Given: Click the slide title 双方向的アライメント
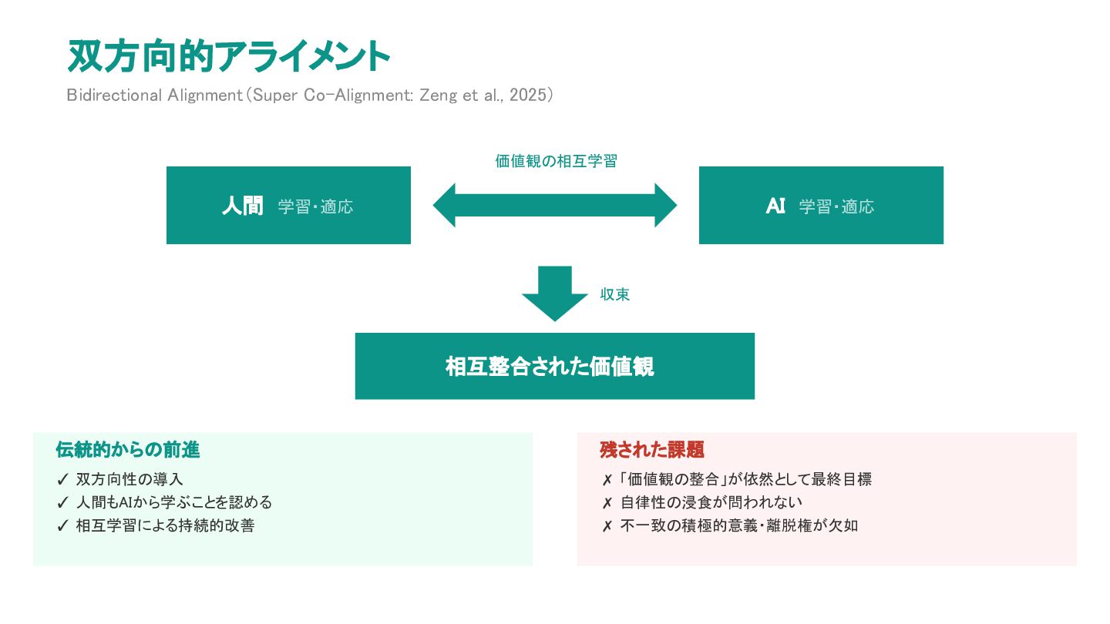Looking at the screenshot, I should (229, 57).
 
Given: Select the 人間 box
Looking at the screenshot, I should (288, 206).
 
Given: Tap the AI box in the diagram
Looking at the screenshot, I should (821, 206).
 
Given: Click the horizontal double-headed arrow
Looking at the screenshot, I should (555, 206).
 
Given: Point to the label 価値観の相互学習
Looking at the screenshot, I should (556, 161).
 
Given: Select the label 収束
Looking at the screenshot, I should (615, 295).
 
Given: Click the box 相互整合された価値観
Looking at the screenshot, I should (554, 366).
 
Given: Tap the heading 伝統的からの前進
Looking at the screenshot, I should (128, 450).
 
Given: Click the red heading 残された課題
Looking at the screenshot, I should (652, 450).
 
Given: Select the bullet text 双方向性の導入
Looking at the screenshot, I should (129, 479).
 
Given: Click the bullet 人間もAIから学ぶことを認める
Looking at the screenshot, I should (174, 502).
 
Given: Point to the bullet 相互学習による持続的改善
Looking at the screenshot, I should (165, 526).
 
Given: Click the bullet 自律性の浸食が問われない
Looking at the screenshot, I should (711, 502).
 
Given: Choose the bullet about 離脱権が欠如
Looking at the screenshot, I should (738, 526).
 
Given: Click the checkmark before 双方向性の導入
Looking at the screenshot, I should (63, 479).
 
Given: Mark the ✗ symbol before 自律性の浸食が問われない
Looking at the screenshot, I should (607, 503).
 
